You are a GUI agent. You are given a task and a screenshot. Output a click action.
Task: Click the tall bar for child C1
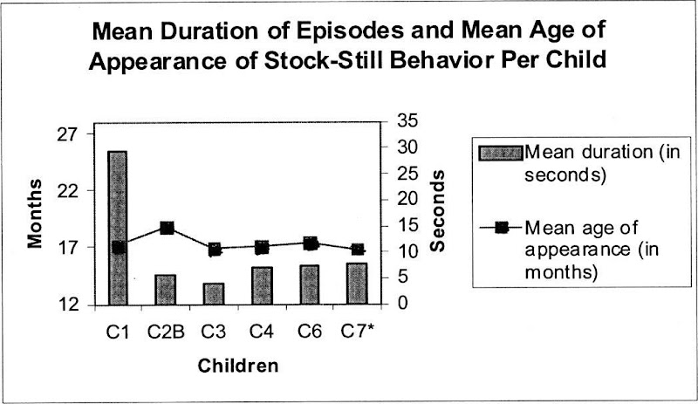click(118, 228)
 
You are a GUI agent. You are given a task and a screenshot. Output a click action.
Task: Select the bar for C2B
click(166, 290)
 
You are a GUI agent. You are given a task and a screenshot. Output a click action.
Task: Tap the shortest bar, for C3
click(214, 294)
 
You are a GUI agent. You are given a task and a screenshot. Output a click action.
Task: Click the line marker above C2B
click(167, 229)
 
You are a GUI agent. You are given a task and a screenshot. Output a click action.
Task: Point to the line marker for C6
click(309, 243)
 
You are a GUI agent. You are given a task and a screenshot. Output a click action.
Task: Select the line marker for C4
click(262, 248)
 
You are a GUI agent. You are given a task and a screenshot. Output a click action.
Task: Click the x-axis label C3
click(214, 332)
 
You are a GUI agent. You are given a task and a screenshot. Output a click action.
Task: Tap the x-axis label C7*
click(358, 332)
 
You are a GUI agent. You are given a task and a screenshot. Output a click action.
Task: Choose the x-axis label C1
click(118, 332)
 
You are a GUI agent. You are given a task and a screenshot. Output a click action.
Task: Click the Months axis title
click(35, 213)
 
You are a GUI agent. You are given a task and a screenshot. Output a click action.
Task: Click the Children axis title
click(237, 365)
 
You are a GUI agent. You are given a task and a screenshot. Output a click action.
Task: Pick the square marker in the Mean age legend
click(501, 229)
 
